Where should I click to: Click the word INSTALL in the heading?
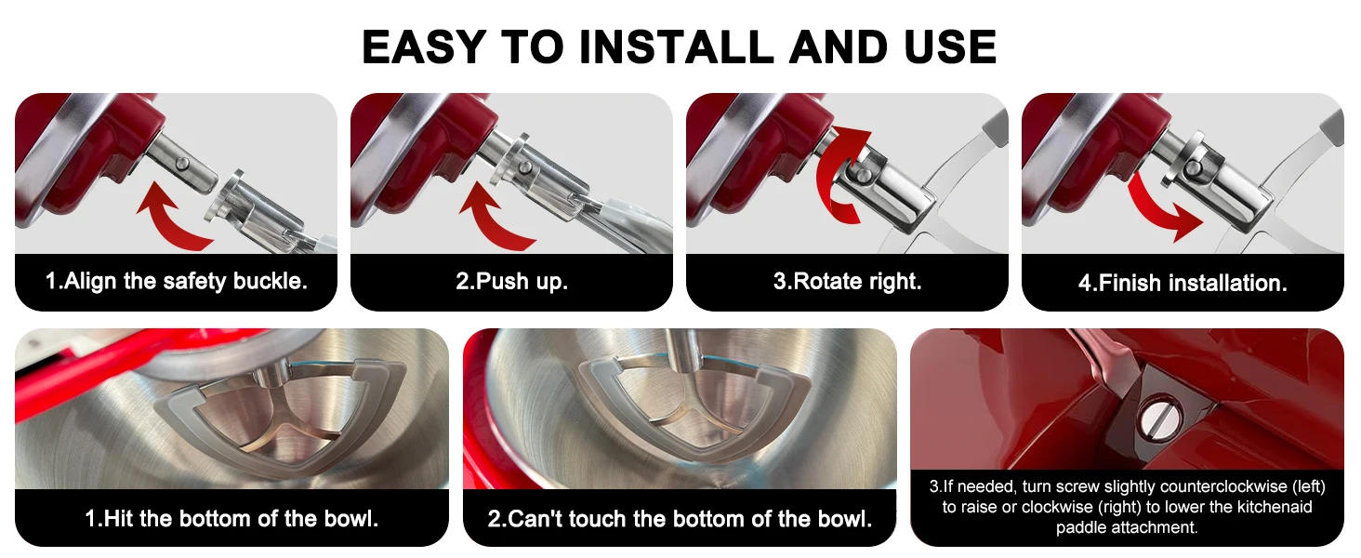click(676, 46)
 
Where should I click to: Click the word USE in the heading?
click(950, 46)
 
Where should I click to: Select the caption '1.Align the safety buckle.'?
click(177, 282)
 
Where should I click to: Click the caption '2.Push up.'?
click(511, 282)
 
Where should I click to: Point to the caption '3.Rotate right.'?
click(847, 282)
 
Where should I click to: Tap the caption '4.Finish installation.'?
click(1183, 283)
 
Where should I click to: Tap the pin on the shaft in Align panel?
click(181, 164)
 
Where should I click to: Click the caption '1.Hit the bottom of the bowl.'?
click(231, 519)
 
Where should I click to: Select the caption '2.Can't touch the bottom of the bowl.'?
click(680, 519)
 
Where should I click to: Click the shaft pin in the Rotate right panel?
click(863, 175)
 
